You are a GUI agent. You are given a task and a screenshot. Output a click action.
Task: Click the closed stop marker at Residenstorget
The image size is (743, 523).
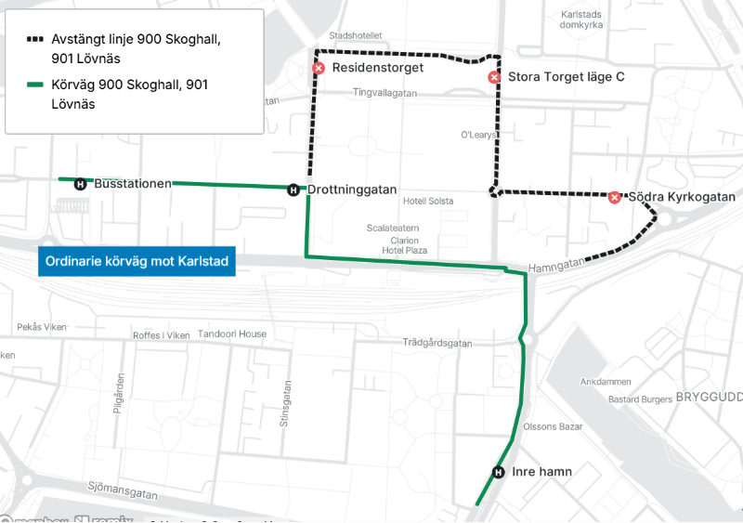point(319,69)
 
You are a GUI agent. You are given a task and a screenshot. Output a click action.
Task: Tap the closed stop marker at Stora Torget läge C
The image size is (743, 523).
point(494,77)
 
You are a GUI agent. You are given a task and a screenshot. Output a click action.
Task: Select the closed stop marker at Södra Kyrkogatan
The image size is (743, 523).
point(614,197)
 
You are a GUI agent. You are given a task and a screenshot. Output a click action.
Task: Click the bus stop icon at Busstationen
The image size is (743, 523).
point(81,184)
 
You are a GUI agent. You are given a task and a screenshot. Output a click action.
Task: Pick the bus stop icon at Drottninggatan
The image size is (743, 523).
point(293,190)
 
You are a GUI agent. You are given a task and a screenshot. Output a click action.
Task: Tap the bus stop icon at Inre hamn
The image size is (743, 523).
point(498,472)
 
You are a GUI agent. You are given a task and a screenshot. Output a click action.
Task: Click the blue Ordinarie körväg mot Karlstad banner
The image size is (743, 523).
point(137,262)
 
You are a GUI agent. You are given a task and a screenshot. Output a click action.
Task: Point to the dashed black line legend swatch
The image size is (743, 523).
point(35,41)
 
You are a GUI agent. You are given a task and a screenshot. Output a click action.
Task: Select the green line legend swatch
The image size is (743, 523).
point(35,85)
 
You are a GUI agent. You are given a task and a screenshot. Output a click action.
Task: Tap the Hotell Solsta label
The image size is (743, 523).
point(428,202)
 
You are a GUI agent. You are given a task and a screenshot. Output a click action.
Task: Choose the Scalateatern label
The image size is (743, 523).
point(393,228)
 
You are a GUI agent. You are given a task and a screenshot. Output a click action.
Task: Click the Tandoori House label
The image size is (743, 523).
point(234,334)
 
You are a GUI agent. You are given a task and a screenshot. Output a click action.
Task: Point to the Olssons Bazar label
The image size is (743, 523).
point(553,427)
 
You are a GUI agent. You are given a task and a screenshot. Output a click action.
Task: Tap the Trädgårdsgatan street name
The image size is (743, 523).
point(437,343)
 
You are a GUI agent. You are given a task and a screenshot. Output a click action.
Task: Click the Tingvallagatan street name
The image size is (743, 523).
point(385,93)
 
